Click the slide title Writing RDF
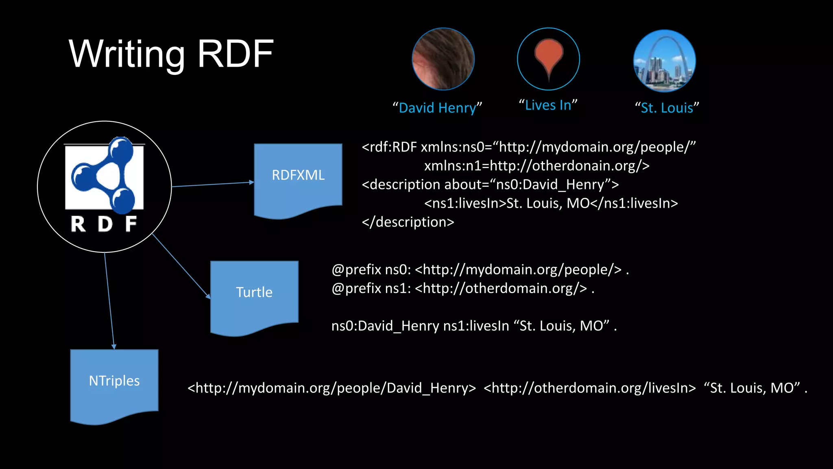click(171, 54)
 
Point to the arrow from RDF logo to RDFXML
click(213, 184)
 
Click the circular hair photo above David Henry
click(443, 59)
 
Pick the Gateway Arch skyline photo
click(664, 61)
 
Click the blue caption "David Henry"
click(437, 108)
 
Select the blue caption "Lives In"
click(548, 105)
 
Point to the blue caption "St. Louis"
click(667, 108)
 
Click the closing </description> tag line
click(408, 222)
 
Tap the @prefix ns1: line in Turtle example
click(463, 289)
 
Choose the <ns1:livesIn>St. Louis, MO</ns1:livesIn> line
click(551, 203)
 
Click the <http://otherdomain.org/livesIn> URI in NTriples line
click(590, 388)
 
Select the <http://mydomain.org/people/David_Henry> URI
click(331, 388)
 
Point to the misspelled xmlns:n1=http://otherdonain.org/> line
click(537, 166)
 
